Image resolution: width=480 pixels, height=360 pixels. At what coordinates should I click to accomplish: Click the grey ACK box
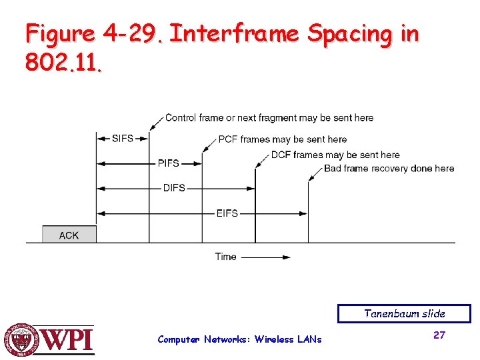pos(69,235)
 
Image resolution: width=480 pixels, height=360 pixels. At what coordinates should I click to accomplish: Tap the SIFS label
pos(123,139)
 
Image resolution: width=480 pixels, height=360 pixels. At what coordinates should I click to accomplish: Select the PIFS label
pos(169,163)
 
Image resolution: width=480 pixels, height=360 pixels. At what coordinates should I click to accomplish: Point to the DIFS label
pos(174,188)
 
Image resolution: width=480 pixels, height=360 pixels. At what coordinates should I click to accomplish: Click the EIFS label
pos(227,213)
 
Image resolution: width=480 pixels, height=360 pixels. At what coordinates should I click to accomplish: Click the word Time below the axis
pos(225,257)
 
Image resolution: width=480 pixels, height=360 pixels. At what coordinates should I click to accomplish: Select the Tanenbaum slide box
pos(404,313)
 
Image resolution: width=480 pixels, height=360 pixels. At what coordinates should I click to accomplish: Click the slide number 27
pos(439,335)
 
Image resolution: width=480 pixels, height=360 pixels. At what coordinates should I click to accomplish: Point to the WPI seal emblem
pos(22,340)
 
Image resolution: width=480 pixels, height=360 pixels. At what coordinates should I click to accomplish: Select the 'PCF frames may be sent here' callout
pos(283,139)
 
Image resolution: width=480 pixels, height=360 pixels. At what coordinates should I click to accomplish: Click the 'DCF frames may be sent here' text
pos(335,155)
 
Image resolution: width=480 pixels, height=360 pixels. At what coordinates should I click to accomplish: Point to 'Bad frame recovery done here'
pos(389,168)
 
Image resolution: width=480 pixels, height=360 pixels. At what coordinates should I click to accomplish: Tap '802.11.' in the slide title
pos(64,63)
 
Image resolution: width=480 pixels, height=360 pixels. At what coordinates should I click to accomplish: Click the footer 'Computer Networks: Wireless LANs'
pos(239,339)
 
